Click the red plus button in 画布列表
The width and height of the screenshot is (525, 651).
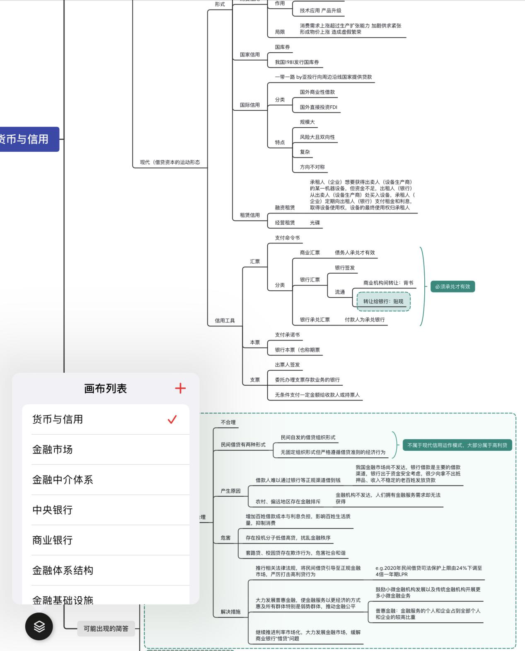tap(180, 388)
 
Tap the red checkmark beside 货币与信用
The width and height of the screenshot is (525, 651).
tap(172, 419)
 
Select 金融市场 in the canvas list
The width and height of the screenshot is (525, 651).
tap(53, 449)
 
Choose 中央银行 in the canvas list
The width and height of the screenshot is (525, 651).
tap(53, 510)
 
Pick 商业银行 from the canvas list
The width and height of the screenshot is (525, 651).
tap(53, 540)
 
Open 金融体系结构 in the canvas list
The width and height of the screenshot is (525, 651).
tap(63, 570)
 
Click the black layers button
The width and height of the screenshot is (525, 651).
tap(39, 626)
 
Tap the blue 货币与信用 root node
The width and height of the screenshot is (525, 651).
tap(27, 139)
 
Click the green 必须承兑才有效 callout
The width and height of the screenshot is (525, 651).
tap(452, 287)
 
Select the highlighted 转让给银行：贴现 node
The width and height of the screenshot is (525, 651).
tap(383, 301)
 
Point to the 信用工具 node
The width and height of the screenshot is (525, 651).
tap(225, 321)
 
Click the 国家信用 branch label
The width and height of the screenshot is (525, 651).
tap(250, 55)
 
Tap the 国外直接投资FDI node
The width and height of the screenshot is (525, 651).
tap(319, 107)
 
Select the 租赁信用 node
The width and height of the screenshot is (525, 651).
tap(250, 215)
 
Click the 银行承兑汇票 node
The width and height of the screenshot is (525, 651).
tap(315, 320)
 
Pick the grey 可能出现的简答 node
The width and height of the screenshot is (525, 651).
tap(106, 629)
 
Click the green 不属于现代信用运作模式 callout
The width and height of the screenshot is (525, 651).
tap(457, 445)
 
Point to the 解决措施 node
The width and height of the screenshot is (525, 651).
tap(230, 612)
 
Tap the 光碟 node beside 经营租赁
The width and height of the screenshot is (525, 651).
tap(315, 223)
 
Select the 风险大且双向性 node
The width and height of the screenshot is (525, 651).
tap(317, 137)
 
